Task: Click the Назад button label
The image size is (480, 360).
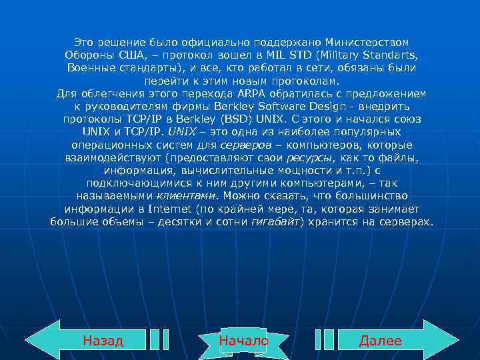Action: click(x=103, y=341)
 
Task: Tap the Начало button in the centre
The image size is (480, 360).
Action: click(x=243, y=341)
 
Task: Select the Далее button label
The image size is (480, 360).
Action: click(x=380, y=341)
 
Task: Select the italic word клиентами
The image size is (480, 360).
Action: click(x=187, y=195)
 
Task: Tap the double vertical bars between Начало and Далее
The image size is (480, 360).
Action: click(x=324, y=340)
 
